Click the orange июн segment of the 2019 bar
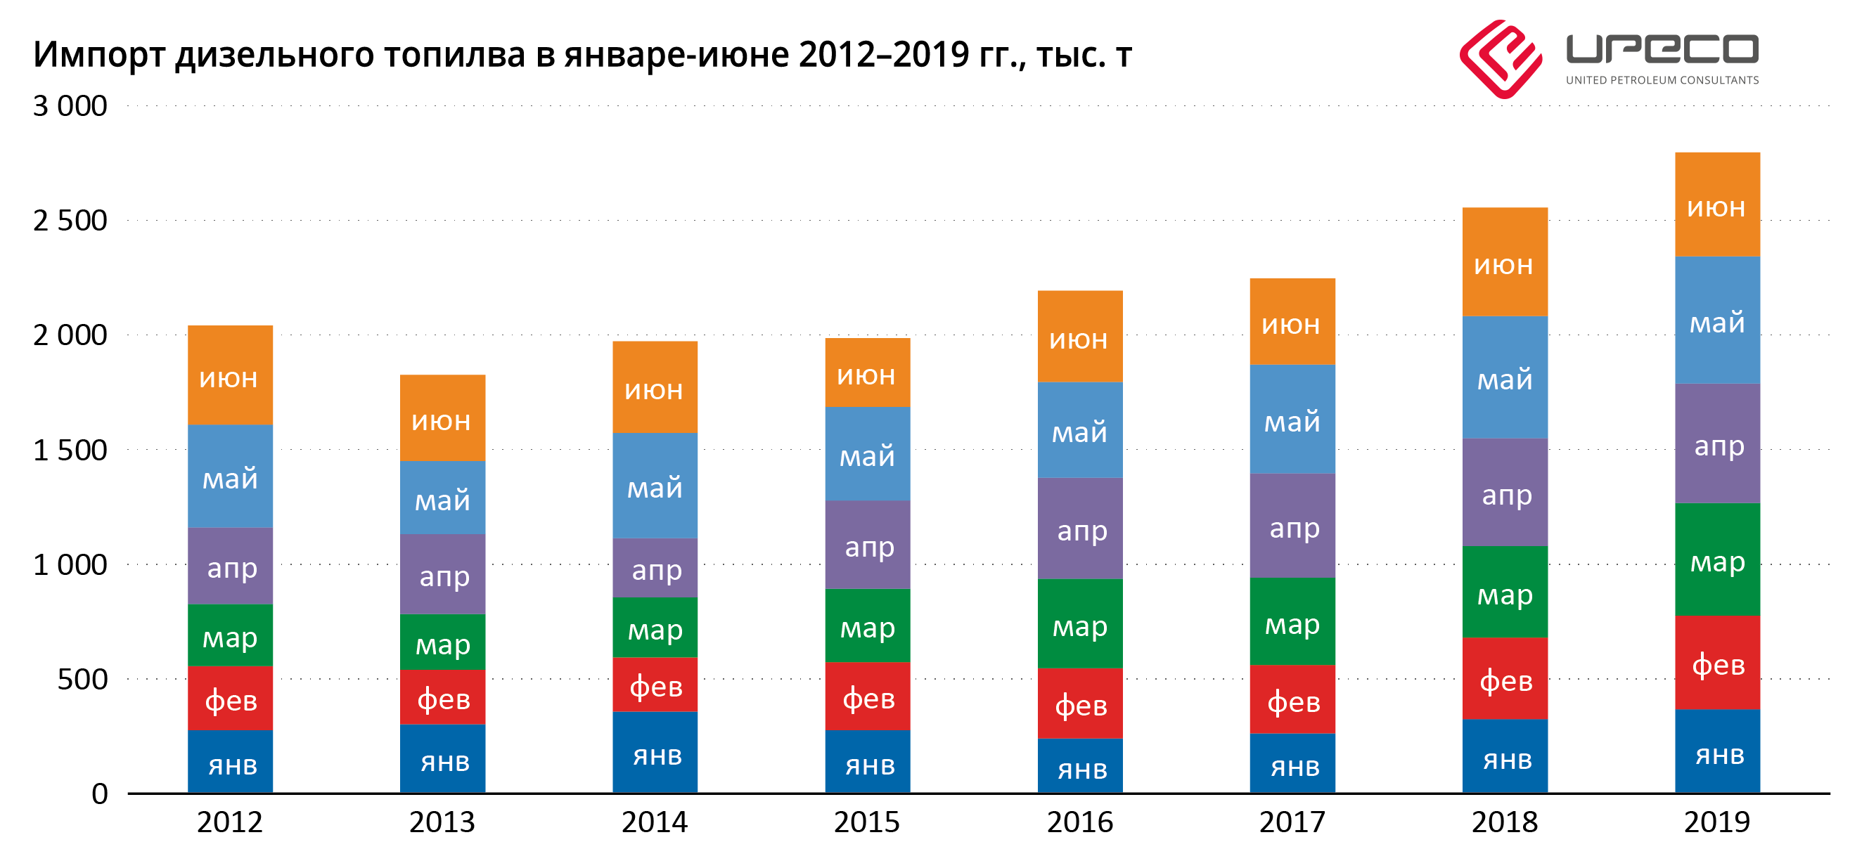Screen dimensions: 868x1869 [x=1716, y=205]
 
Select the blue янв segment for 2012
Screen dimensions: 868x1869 [x=230, y=761]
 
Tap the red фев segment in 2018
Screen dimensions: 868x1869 [x=1505, y=679]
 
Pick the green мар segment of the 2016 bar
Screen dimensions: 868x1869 [x=1079, y=623]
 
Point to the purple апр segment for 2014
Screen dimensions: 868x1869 [x=655, y=568]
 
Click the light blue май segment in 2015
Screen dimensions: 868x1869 [x=867, y=454]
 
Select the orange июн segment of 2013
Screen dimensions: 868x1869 [x=442, y=418]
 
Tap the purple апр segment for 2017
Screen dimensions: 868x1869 [x=1292, y=526]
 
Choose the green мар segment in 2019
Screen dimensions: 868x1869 [x=1716, y=560]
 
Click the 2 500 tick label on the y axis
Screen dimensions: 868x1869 [x=70, y=221]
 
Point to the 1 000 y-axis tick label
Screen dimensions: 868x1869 [x=70, y=565]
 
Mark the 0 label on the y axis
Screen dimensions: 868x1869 [x=99, y=794]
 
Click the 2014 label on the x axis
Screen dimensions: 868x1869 [x=655, y=822]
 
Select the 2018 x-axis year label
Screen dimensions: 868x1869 [x=1504, y=822]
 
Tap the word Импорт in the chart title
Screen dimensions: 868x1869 [x=98, y=55]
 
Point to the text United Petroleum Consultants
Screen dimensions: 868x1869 [x=1662, y=81]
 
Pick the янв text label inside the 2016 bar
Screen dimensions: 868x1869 [x=1081, y=770]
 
